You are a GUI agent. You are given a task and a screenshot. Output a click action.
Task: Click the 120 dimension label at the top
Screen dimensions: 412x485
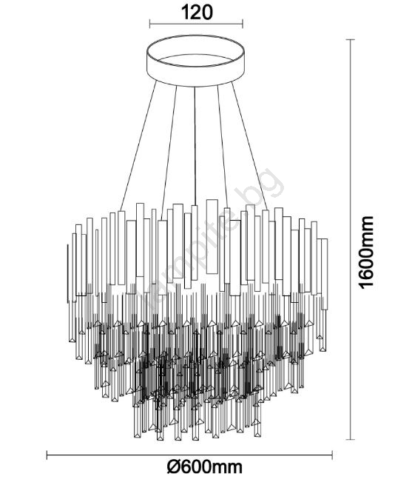[x=197, y=13]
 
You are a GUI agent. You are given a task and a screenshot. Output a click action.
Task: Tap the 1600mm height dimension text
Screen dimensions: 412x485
[x=366, y=252]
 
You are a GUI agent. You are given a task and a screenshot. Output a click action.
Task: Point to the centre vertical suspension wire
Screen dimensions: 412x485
[x=195, y=146]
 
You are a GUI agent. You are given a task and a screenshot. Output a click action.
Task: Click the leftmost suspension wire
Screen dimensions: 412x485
[x=138, y=146]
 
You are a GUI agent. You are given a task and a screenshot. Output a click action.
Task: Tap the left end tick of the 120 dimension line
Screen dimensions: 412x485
[x=150, y=24]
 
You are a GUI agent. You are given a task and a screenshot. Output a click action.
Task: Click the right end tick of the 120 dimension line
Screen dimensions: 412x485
[x=243, y=24]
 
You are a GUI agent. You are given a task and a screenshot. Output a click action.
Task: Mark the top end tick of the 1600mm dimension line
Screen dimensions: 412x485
[x=350, y=39]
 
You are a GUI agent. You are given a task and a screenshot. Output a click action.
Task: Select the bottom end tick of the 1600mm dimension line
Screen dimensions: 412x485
[x=350, y=439]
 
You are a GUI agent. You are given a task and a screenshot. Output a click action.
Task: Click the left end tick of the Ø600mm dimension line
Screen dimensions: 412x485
[x=47, y=455]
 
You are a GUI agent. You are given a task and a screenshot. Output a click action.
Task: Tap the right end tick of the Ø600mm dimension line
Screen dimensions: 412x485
[x=332, y=455]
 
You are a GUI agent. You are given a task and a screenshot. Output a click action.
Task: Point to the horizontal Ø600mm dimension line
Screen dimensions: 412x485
[x=189, y=455]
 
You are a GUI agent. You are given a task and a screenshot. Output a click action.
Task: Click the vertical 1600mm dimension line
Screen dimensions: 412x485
[x=350, y=239]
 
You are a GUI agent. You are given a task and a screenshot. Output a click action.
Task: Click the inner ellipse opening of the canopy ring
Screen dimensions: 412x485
[x=197, y=61]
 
